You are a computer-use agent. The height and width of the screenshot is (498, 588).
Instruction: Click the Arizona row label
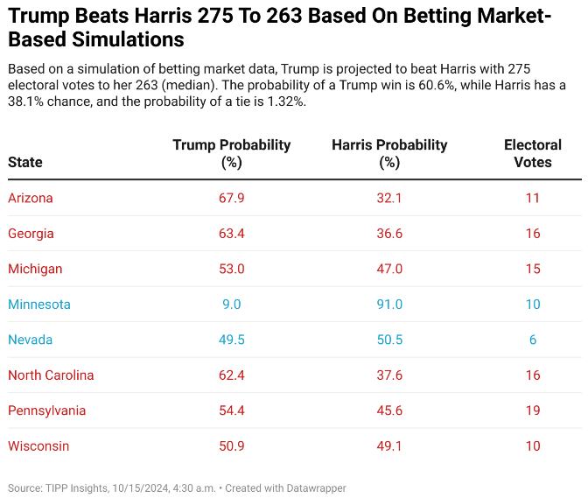pyautogui.click(x=31, y=198)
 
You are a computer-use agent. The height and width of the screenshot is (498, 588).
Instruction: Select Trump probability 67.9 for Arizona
pyautogui.click(x=232, y=198)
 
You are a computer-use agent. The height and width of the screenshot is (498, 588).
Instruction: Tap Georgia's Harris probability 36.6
pyautogui.click(x=389, y=234)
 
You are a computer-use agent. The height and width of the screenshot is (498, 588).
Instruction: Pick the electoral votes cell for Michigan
pyautogui.click(x=533, y=269)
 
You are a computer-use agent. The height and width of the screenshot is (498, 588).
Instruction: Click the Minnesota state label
pyautogui.click(x=39, y=305)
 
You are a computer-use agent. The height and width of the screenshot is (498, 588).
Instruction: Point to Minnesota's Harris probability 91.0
pyautogui.click(x=389, y=305)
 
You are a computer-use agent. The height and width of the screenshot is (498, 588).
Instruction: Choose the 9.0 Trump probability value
pyautogui.click(x=232, y=305)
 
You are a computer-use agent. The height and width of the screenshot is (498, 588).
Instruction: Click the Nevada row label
pyautogui.click(x=31, y=340)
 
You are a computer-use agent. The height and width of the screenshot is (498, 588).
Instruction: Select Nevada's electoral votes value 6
pyautogui.click(x=533, y=340)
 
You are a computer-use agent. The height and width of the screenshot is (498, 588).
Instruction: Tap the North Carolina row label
pyautogui.click(x=51, y=375)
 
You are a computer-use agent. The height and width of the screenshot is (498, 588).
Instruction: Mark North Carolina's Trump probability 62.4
pyautogui.click(x=232, y=375)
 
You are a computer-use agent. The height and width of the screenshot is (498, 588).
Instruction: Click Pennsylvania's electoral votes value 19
pyautogui.click(x=533, y=410)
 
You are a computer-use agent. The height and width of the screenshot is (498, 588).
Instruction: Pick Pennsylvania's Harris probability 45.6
pyautogui.click(x=389, y=410)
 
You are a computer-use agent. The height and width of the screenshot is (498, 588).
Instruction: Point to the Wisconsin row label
pyautogui.click(x=38, y=446)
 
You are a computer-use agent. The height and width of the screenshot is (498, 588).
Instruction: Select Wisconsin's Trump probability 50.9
pyautogui.click(x=232, y=446)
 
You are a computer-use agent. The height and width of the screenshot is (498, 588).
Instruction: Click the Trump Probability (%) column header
pyautogui.click(x=232, y=153)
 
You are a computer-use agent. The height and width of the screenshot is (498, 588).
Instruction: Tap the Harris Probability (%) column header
pyautogui.click(x=389, y=153)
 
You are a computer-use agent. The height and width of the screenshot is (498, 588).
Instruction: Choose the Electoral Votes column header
pyautogui.click(x=533, y=153)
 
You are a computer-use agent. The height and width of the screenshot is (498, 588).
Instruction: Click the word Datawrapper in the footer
pyautogui.click(x=315, y=487)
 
